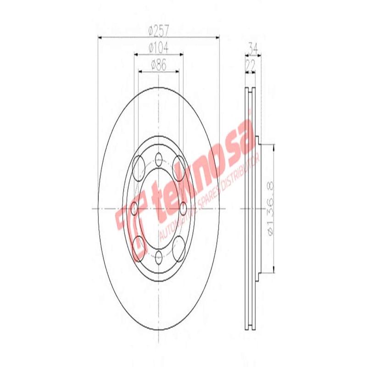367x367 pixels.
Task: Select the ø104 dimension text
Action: [x=159, y=47]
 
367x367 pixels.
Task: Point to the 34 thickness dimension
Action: [x=252, y=47]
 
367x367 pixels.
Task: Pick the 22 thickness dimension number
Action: [x=250, y=65]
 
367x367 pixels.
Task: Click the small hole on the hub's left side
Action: [x=134, y=209]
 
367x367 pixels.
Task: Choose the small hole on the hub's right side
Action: [x=183, y=209]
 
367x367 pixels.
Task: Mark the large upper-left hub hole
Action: [x=138, y=167]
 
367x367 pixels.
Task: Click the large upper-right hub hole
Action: [x=179, y=167]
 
